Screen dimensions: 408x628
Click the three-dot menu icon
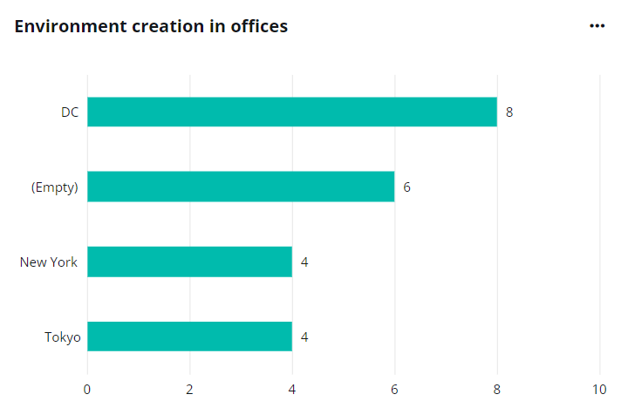(597, 26)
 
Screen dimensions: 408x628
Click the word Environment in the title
(62, 26)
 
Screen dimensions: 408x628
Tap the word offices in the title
(259, 26)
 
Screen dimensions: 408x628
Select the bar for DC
(291, 112)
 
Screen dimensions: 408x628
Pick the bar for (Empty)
(241, 187)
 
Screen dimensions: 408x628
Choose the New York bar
(189, 262)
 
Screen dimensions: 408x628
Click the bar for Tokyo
(189, 337)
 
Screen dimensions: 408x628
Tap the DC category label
(70, 112)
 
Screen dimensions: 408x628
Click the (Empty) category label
(55, 187)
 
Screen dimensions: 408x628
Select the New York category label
(49, 262)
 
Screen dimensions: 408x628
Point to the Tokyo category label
(62, 337)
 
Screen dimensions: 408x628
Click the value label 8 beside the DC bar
(509, 112)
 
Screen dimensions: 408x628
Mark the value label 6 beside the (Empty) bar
(406, 187)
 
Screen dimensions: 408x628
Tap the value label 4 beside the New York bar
(304, 262)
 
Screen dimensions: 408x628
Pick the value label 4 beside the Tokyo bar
(304, 337)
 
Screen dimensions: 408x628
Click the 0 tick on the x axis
(87, 389)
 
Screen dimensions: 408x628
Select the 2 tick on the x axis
(189, 389)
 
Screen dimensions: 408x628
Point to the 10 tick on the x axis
(599, 389)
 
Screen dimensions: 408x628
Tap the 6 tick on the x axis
(394, 389)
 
